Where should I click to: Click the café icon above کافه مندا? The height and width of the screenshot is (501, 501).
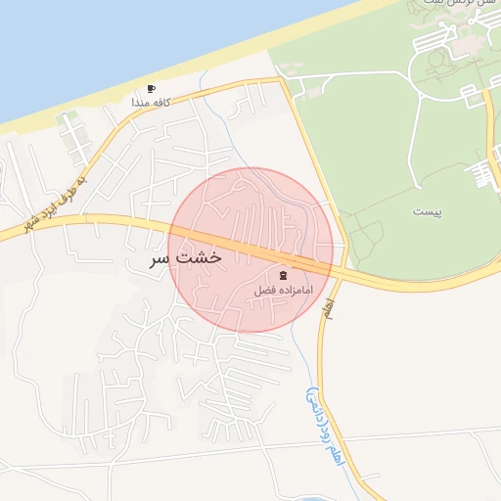click(x=152, y=88)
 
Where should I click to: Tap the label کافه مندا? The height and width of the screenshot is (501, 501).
click(x=152, y=102)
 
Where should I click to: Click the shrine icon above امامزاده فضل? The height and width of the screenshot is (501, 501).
click(x=285, y=276)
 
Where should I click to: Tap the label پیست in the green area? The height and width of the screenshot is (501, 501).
click(x=427, y=211)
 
